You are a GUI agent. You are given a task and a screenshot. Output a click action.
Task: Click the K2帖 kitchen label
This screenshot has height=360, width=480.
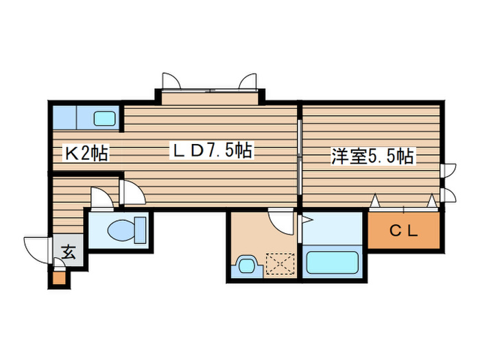click(x=86, y=154)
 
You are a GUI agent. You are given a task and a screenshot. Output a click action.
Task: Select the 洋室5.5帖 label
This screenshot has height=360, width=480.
click(x=372, y=156)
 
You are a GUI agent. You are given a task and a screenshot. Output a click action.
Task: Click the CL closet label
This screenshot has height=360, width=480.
click(x=404, y=230)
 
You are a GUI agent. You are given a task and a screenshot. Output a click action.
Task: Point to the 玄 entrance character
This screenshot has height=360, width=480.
click(x=69, y=251)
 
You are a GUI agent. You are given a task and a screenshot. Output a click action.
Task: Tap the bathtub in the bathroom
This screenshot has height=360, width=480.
click(x=333, y=262)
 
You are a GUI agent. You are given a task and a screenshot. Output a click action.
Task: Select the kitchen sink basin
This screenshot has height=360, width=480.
click(x=105, y=119)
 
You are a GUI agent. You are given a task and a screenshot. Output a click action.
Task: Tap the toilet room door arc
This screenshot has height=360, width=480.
click(x=102, y=198)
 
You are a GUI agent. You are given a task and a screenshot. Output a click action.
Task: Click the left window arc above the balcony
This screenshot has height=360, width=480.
click(x=171, y=81)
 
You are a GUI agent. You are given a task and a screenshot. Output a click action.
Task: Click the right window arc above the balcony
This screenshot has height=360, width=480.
click(x=248, y=81)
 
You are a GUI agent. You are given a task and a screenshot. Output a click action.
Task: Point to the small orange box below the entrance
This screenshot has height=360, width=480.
click(x=58, y=278)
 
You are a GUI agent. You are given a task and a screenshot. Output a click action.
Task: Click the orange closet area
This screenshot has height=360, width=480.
click(x=405, y=231)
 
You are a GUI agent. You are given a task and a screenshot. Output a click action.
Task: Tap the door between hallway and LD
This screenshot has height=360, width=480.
click(x=132, y=193)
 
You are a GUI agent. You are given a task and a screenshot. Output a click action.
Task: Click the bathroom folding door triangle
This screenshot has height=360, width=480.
click(x=307, y=220)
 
